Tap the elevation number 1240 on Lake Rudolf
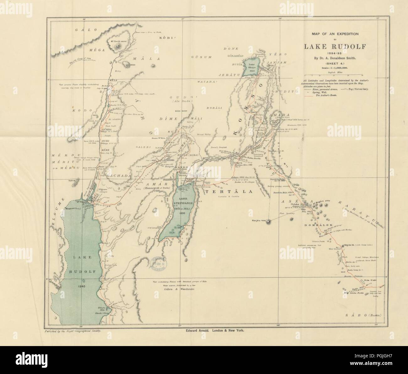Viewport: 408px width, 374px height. tap(83, 286)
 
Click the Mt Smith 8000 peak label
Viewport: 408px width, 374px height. tap(118, 41)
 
